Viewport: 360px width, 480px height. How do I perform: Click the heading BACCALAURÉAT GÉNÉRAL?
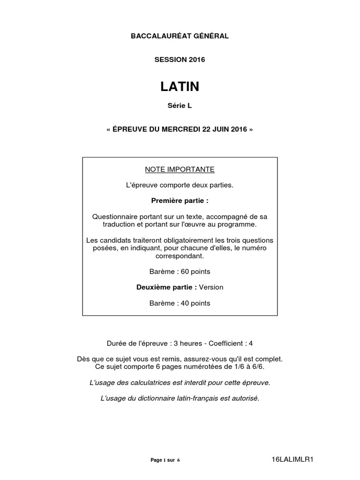point(180,36)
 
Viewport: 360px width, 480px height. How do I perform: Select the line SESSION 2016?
point(180,60)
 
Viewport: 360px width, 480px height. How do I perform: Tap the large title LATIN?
point(180,87)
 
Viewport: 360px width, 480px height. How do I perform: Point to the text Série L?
point(180,106)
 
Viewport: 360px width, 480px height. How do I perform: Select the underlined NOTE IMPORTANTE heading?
point(180,169)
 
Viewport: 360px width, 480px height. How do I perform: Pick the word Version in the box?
point(211,287)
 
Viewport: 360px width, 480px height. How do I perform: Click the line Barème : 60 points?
point(180,271)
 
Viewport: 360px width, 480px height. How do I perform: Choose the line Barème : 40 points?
point(180,303)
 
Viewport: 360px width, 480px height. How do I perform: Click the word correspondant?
point(180,256)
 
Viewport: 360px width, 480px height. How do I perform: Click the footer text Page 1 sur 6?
point(165,460)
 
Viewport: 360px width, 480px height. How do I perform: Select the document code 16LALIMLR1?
point(292,459)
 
